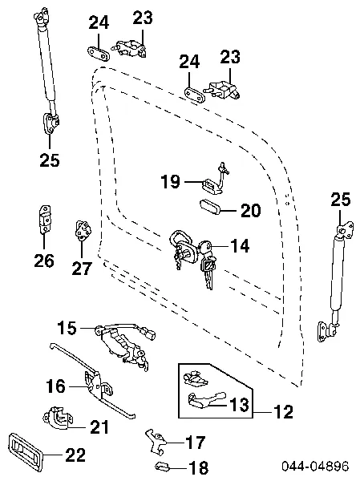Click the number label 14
[x=240, y=246]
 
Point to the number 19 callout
[x=169, y=182]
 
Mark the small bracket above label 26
[x=44, y=217]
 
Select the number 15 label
[x=67, y=327]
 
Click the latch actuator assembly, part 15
[x=124, y=345]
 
